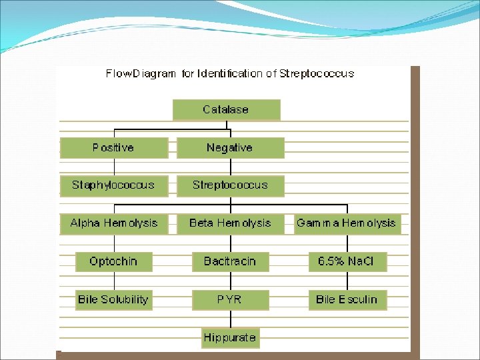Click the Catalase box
point(226,109)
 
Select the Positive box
point(113,147)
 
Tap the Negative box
point(230,147)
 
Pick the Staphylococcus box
point(113,185)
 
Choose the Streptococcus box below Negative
point(230,185)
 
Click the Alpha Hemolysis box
point(113,223)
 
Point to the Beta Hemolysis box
point(230,223)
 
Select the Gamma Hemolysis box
point(346,223)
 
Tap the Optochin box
point(113,261)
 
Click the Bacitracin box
point(230,261)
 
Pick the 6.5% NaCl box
point(347,261)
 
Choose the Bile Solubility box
point(113,299)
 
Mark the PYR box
point(230,299)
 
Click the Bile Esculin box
point(347,299)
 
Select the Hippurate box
point(230,337)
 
